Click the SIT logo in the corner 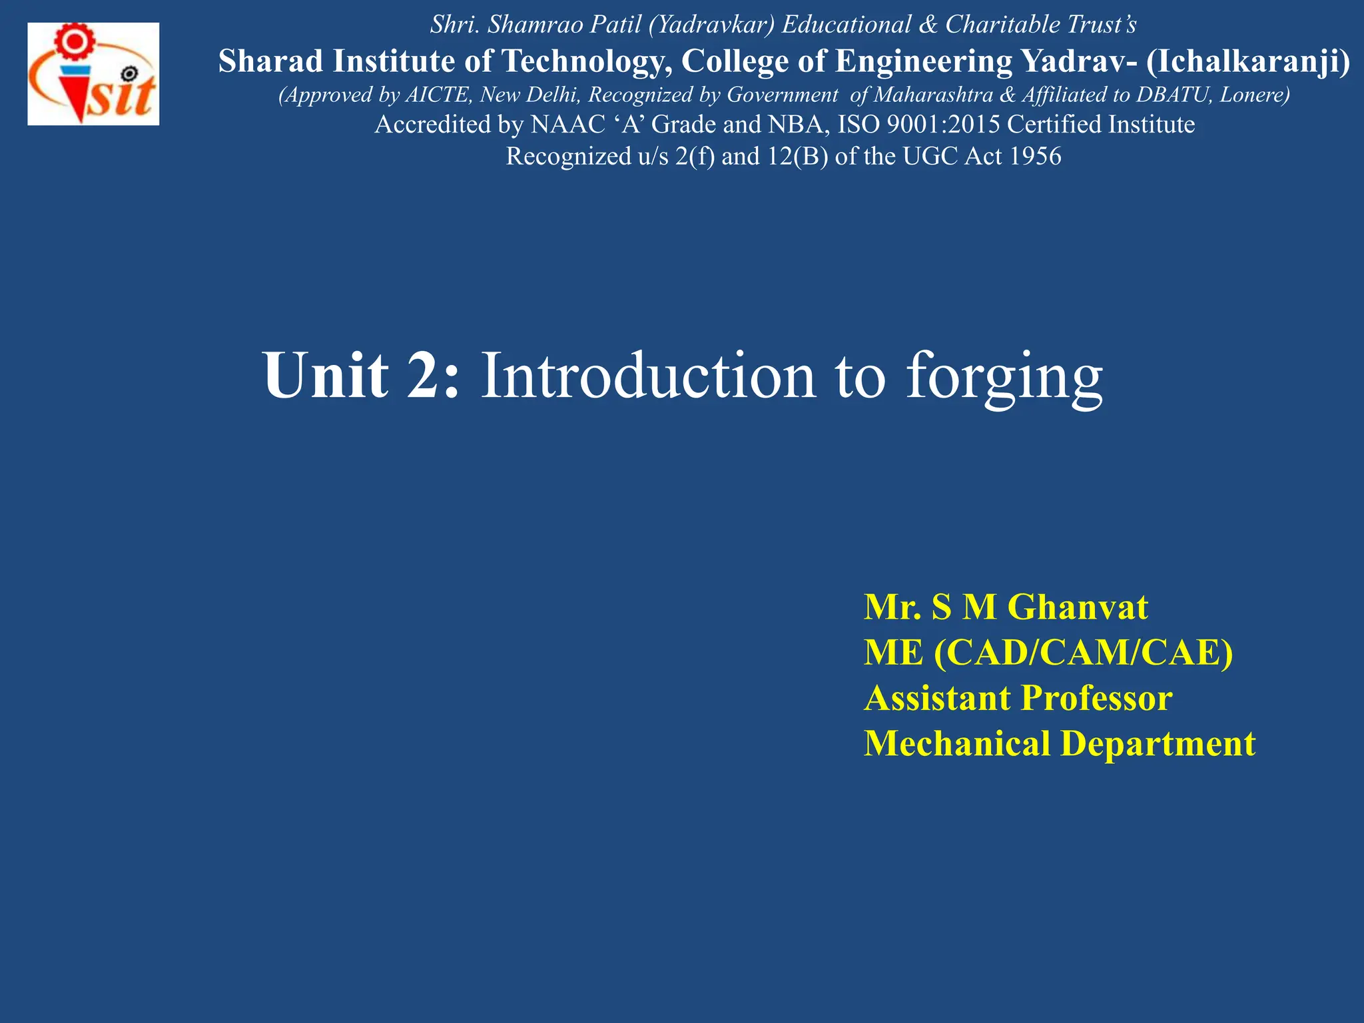click(93, 74)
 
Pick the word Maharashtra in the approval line click(933, 95)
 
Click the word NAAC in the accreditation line click(568, 125)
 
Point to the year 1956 click(1035, 157)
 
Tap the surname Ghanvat click(1077, 607)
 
